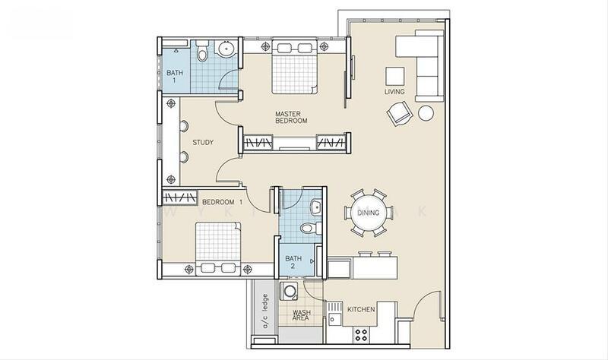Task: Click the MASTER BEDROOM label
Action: tap(291, 118)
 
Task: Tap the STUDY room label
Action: tap(203, 143)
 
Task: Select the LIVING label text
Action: tap(394, 92)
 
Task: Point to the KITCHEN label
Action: tap(361, 309)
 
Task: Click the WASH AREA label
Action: tap(301, 315)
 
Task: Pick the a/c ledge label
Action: tap(265, 311)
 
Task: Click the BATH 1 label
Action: tap(175, 77)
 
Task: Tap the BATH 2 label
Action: tap(293, 262)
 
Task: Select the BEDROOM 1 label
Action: tap(223, 202)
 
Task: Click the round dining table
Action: tap(368, 213)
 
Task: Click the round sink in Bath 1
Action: tap(226, 49)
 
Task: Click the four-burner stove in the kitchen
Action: tap(361, 335)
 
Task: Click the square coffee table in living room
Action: tap(394, 77)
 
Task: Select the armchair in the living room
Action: tap(398, 113)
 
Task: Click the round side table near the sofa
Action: tap(426, 113)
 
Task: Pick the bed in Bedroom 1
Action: tap(218, 248)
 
